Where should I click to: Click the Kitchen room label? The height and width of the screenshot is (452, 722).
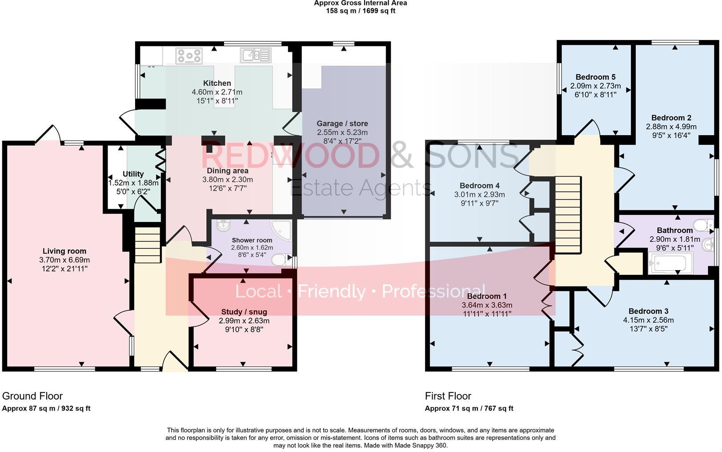click(217, 83)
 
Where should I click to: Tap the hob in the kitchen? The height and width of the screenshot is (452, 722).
click(189, 56)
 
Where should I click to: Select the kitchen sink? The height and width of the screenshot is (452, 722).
click(256, 55)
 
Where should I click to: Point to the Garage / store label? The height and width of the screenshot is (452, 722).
click(342, 124)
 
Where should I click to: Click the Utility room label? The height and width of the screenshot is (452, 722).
click(133, 174)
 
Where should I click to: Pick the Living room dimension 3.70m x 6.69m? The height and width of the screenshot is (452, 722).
click(64, 260)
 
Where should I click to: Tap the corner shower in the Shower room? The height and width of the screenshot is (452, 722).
click(281, 230)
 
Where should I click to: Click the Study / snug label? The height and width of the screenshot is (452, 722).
click(244, 312)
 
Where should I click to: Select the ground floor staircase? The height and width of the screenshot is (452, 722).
click(147, 245)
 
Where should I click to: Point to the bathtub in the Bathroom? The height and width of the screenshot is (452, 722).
click(671, 263)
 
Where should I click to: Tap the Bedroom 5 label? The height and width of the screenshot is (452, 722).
click(595, 77)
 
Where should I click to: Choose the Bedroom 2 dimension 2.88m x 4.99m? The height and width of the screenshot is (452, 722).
click(671, 127)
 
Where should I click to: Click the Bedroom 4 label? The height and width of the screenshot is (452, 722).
click(480, 186)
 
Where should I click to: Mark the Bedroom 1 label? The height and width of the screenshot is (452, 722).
click(487, 296)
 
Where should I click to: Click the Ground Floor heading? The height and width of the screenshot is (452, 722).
click(32, 396)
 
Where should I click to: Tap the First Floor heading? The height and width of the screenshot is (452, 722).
click(448, 396)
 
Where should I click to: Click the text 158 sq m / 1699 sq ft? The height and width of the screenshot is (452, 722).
click(361, 11)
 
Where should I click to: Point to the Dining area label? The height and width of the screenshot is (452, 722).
click(228, 171)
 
